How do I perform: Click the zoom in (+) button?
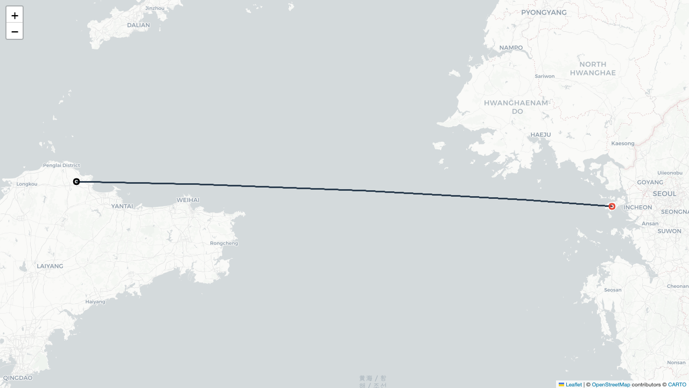coord(15,15)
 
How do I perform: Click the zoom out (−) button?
coord(15,31)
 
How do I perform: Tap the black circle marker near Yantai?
coord(76,182)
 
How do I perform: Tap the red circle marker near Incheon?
coord(611,206)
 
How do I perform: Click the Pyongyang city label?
coord(544,12)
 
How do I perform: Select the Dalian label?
coord(138,25)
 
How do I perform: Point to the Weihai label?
coord(188,200)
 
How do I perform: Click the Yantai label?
coord(122,206)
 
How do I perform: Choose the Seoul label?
coord(664,193)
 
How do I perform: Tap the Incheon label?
coord(638,207)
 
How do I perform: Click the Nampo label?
coord(511,48)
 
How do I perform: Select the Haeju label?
coord(540,135)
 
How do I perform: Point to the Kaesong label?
coord(623,143)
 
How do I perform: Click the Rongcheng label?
coord(224,243)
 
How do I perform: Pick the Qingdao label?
coord(18,378)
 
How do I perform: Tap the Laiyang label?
coord(50,266)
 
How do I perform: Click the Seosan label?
coord(613,290)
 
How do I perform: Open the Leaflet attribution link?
coord(573,385)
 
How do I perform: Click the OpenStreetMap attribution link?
coord(610,385)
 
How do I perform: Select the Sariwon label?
coord(545,76)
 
